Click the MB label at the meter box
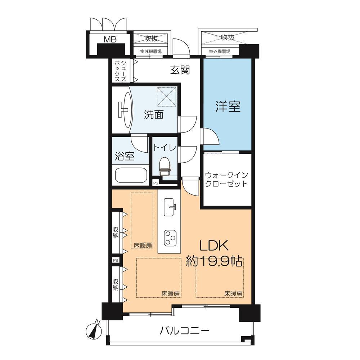(110, 39)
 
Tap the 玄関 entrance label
(180, 70)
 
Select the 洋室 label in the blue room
(228, 107)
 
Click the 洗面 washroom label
(154, 114)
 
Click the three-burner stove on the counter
(170, 238)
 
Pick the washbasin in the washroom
(126, 109)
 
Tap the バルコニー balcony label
(185, 331)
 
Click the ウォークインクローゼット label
(226, 180)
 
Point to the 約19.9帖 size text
(214, 261)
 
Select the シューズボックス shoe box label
(121, 71)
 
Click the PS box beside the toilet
(156, 183)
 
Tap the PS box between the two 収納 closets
(116, 260)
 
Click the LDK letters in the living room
(214, 246)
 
